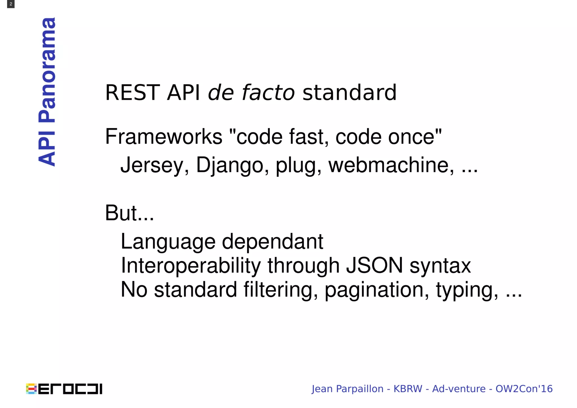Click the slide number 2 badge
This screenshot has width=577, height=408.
coord(11,4)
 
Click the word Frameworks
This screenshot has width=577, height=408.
coord(164,137)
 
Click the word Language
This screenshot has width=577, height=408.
coord(168,242)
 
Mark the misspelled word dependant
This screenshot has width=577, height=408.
coord(272,242)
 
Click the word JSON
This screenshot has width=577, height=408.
coord(374,266)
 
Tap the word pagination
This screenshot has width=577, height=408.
coord(377,290)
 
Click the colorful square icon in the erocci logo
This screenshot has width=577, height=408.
coord(31,389)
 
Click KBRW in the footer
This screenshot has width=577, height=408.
coord(408,389)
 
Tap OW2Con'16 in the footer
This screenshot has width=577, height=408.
coord(524,389)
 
